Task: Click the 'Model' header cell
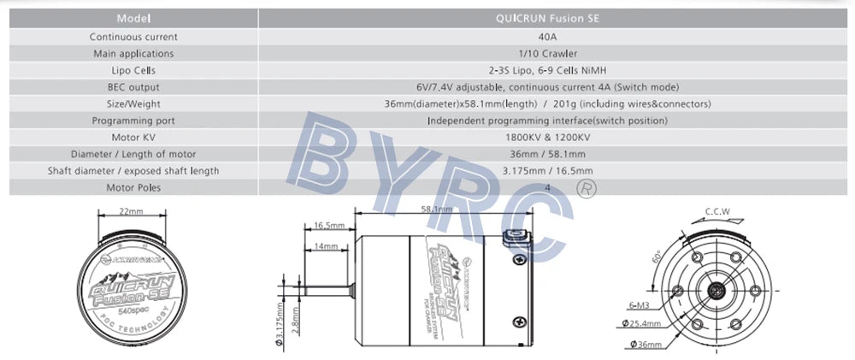133,18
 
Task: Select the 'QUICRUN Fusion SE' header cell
547,18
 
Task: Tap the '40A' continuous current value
547,37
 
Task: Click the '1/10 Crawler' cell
547,53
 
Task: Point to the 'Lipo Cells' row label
133,70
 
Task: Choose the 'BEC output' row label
133,87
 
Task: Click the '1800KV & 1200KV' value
547,137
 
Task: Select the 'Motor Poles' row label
133,187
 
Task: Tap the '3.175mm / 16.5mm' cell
547,171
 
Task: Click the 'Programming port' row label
133,121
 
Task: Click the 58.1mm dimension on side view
437,208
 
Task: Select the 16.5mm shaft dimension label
329,226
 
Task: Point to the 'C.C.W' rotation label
716,211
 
